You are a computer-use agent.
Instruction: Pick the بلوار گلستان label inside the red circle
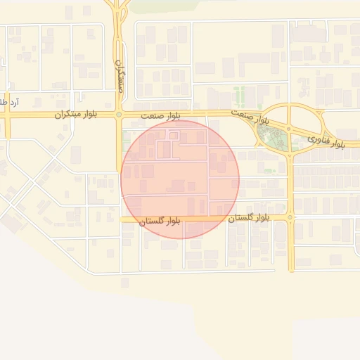[160, 221]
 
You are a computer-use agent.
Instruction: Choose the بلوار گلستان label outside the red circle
[249, 219]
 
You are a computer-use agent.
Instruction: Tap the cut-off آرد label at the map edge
[11, 103]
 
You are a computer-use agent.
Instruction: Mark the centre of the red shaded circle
[180, 179]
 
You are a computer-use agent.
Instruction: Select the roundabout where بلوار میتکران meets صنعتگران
[119, 115]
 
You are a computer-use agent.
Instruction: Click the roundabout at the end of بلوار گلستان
[290, 218]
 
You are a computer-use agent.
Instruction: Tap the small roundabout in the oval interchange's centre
[288, 129]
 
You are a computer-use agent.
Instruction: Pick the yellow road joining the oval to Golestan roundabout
[290, 186]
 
